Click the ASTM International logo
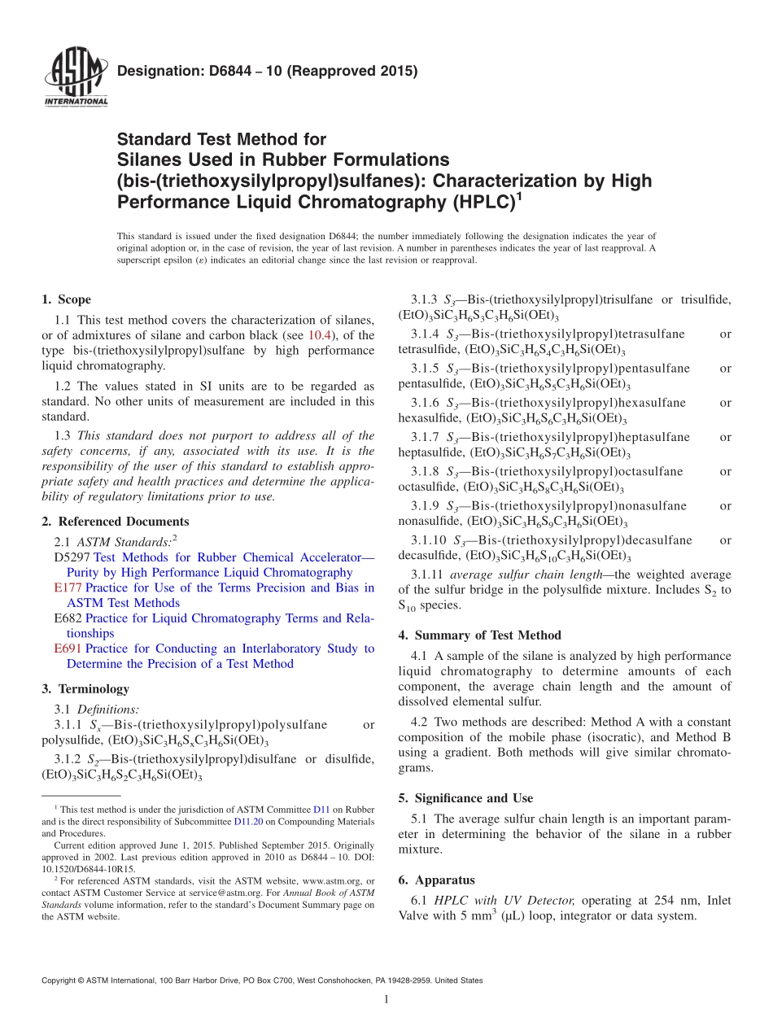(76, 77)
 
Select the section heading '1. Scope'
(66, 299)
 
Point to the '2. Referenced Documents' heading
(115, 522)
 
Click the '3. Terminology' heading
(85, 688)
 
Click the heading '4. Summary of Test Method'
(479, 635)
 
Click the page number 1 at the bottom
(386, 999)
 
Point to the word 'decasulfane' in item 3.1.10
(659, 540)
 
